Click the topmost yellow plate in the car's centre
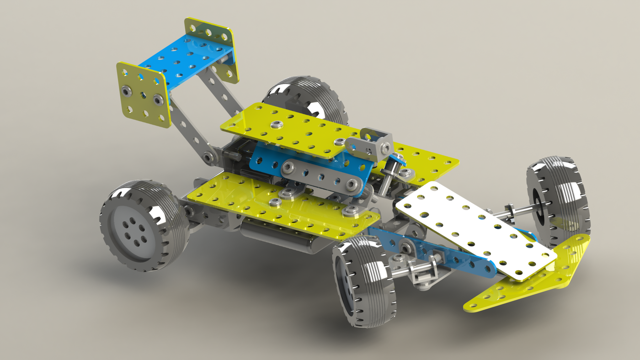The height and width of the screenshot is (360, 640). [x=293, y=128]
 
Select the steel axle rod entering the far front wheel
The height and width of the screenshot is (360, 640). [x=512, y=212]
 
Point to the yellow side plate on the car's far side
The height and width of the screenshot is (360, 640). [x=425, y=160]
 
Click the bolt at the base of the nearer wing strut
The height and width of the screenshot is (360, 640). [x=209, y=158]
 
